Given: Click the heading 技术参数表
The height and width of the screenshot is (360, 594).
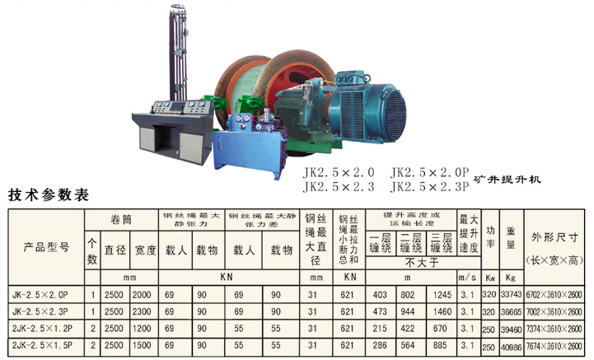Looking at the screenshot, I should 48,196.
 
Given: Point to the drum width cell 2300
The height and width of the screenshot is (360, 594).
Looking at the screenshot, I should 143,311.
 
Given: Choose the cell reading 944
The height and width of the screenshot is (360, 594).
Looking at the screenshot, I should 408,311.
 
